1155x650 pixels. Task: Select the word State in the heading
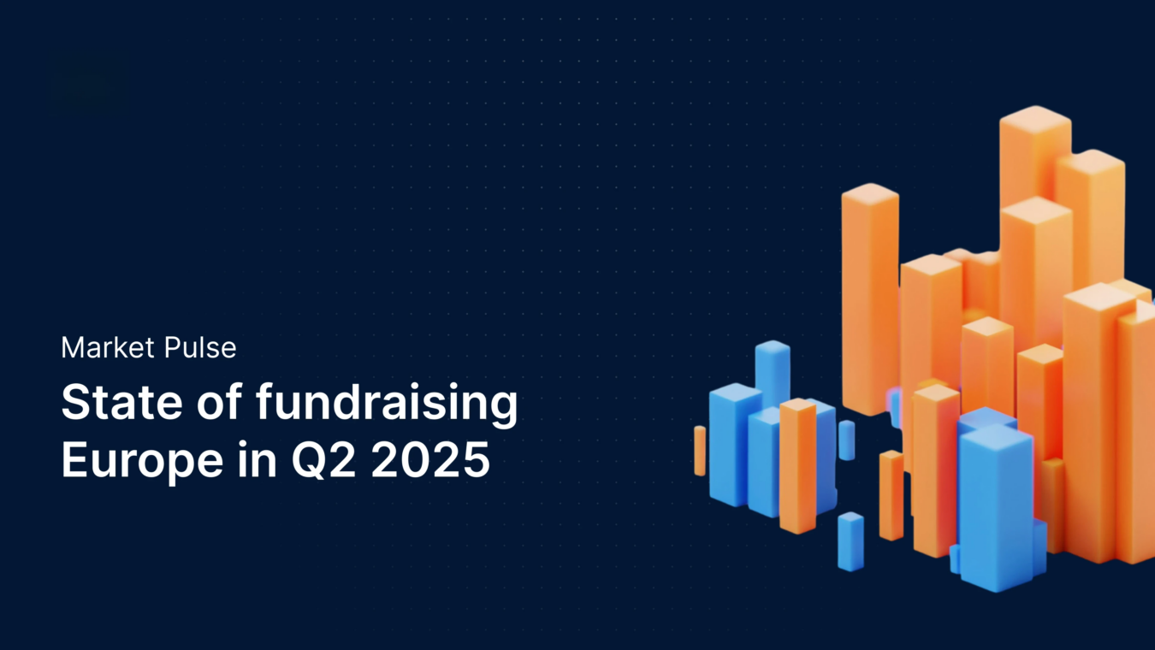[x=109, y=403]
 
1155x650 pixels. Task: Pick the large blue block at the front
[x=996, y=505]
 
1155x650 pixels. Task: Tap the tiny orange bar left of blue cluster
[x=700, y=450]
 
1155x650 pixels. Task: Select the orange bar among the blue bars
[x=797, y=466]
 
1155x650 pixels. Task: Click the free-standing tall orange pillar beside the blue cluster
[x=869, y=299]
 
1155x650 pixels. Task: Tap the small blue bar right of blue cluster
[x=846, y=440]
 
